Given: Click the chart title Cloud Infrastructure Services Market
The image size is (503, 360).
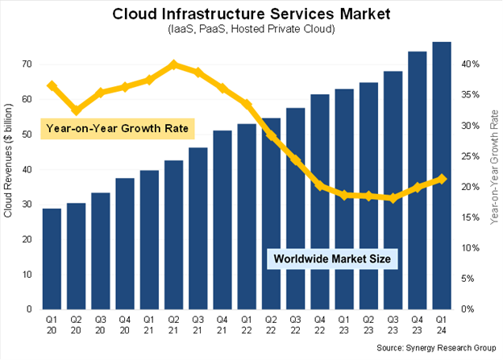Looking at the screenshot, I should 251,14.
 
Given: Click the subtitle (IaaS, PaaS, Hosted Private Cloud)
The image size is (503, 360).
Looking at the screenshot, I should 251,31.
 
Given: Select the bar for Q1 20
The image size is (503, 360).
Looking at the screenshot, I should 52,258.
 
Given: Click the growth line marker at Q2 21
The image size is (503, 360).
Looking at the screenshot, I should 174,64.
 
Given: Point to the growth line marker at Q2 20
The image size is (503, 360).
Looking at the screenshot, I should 77,110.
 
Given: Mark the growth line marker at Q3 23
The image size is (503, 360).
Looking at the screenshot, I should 393,197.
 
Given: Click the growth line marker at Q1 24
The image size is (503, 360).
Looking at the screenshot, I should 441,179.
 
